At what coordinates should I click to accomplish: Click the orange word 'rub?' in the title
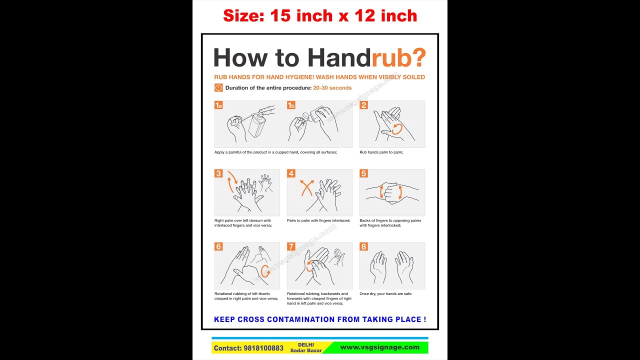pyautogui.click(x=398, y=58)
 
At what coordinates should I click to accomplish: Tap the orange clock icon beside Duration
pyautogui.click(x=218, y=87)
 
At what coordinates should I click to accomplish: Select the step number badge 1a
pyautogui.click(x=218, y=105)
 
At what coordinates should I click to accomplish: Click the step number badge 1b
pyautogui.click(x=291, y=105)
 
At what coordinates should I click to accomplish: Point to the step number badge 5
pyautogui.click(x=363, y=173)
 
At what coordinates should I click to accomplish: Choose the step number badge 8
pyautogui.click(x=363, y=246)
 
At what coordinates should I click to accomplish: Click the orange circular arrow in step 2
pyautogui.click(x=396, y=129)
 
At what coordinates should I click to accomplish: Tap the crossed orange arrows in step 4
pyautogui.click(x=306, y=188)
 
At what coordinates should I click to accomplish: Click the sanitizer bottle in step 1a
pyautogui.click(x=256, y=125)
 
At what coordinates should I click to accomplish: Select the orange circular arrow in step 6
pyautogui.click(x=265, y=270)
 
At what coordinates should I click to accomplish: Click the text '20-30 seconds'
pyautogui.click(x=332, y=88)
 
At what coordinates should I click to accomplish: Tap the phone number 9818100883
pyautogui.click(x=264, y=348)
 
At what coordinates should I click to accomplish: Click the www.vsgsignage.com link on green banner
pyautogui.click(x=379, y=347)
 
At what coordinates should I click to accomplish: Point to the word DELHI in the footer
pyautogui.click(x=306, y=344)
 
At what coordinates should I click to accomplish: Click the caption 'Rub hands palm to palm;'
pyautogui.click(x=381, y=152)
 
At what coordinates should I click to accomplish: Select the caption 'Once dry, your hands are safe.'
pyautogui.click(x=385, y=293)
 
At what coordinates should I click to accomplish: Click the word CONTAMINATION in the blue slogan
pyautogui.click(x=301, y=319)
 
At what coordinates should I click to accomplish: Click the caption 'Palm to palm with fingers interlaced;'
pyautogui.click(x=318, y=220)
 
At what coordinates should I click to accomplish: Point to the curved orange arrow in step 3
pyautogui.click(x=231, y=181)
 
